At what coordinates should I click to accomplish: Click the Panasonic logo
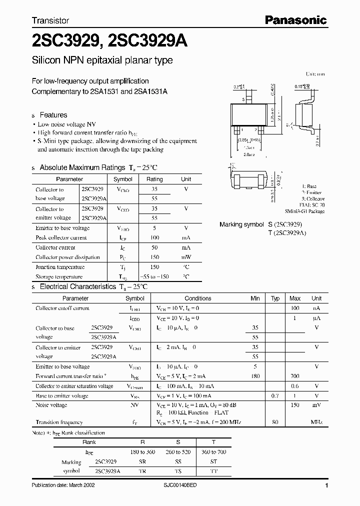295,20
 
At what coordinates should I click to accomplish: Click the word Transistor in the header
50,21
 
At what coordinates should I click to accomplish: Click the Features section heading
53,114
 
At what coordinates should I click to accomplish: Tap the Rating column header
154,179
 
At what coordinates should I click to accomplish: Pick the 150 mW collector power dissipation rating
154,257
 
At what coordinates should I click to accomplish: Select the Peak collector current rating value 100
154,238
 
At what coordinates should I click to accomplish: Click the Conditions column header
198,298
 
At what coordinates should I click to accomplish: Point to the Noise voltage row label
51,405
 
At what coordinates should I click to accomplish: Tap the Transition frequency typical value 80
275,422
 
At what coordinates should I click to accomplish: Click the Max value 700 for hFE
295,376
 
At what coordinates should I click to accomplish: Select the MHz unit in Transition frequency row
316,422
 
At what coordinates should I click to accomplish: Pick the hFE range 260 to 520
177,452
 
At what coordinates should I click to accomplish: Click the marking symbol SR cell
142,462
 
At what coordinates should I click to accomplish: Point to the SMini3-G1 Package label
304,211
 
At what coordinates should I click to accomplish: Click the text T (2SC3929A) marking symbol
293,233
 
